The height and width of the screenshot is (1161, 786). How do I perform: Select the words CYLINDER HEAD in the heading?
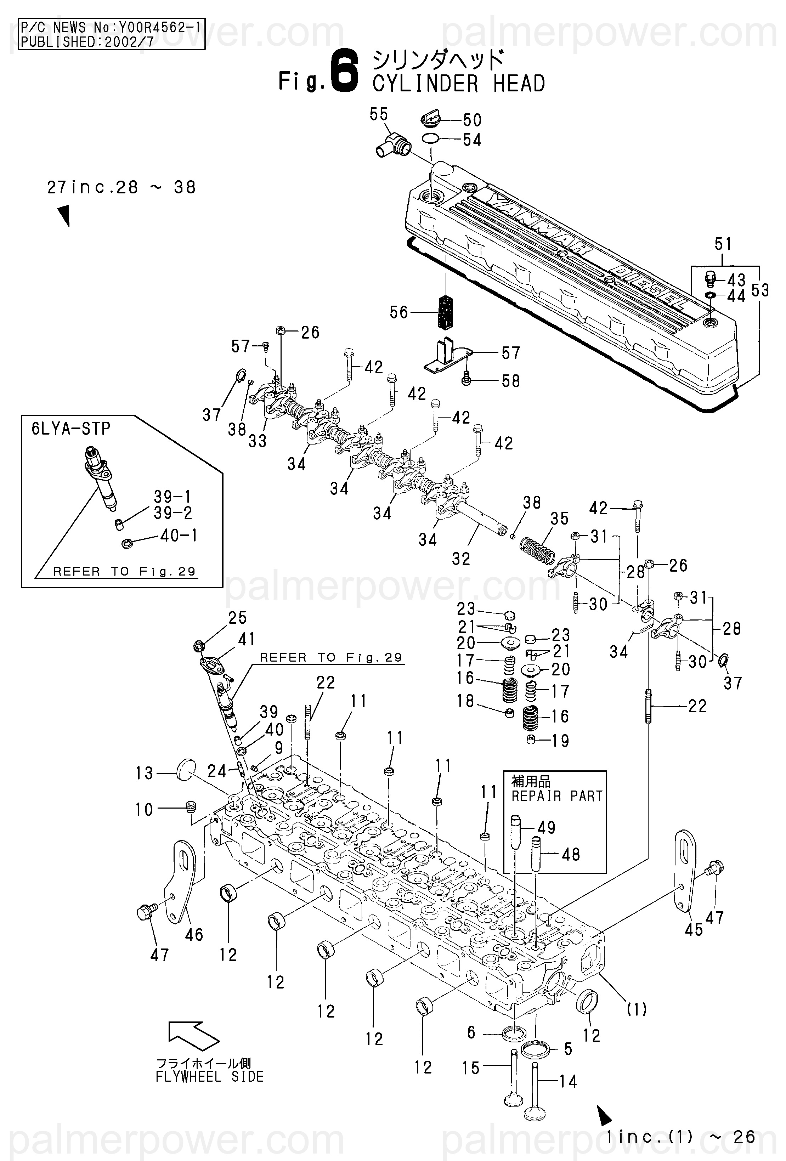point(458,84)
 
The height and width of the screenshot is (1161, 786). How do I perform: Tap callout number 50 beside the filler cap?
point(472,120)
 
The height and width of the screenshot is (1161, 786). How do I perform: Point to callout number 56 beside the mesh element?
point(399,313)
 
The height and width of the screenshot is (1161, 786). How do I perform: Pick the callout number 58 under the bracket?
point(511,381)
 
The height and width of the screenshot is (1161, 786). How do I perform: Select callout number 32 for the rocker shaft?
point(461,559)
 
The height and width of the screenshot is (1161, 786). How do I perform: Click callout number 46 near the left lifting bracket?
point(194,935)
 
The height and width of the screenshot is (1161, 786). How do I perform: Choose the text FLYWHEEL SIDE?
point(209,1077)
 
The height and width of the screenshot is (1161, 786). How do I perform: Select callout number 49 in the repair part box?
point(546,827)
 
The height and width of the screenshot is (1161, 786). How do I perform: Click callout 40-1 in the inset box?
point(179,536)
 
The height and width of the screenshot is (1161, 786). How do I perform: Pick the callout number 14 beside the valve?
point(568,1082)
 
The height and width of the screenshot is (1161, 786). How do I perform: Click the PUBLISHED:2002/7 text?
point(88,41)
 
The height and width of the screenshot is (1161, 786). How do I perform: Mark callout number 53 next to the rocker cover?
point(759,290)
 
